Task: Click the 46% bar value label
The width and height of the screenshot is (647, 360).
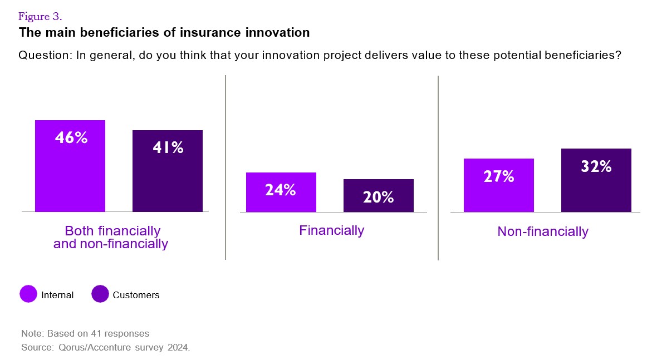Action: tap(71, 138)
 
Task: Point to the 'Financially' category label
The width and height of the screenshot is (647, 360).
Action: tap(331, 230)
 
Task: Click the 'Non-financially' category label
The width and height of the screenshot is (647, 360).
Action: tap(542, 231)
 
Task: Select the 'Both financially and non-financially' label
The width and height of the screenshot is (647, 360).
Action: tap(111, 237)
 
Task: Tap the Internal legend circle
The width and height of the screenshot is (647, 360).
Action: tap(28, 294)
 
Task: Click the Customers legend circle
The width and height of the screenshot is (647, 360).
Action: tap(100, 294)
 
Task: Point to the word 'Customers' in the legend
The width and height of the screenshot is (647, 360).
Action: tap(136, 295)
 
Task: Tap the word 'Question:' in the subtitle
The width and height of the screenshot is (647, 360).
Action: tap(43, 56)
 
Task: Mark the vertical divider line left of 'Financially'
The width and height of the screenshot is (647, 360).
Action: tap(226, 167)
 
